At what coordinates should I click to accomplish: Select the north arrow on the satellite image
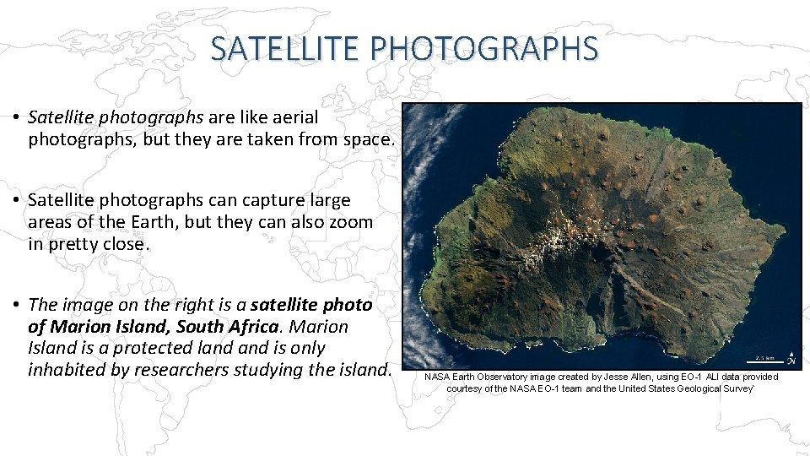(790, 358)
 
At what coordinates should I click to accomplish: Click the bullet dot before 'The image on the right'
(17, 304)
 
